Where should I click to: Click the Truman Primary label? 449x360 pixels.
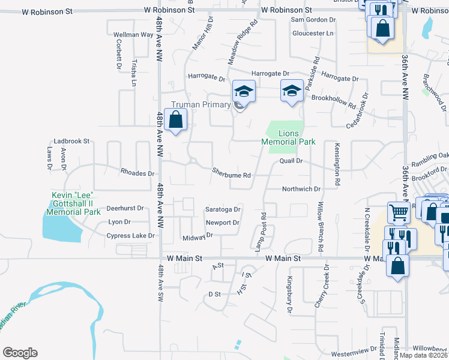coord(200,104)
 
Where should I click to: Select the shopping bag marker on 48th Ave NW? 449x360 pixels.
coord(175,120)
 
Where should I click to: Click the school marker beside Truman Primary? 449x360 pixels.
coord(244,91)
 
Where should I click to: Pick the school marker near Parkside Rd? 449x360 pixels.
coord(292,91)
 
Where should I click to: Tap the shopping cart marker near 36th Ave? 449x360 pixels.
coord(399,212)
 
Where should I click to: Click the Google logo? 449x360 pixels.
coord(20,353)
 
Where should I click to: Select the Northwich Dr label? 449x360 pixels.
coord(302,188)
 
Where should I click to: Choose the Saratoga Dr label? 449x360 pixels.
coord(223,209)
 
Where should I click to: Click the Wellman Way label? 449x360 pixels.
coord(133,35)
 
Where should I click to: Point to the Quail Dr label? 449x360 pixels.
coord(290,161)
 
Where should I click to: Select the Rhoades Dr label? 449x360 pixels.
coord(137,173)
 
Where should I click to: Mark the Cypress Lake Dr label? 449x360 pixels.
coord(130,236)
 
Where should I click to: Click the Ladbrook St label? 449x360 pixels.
coord(71,141)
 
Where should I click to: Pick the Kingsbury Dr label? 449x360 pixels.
coord(289,295)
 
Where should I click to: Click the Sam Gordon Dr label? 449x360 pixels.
coord(313,20)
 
